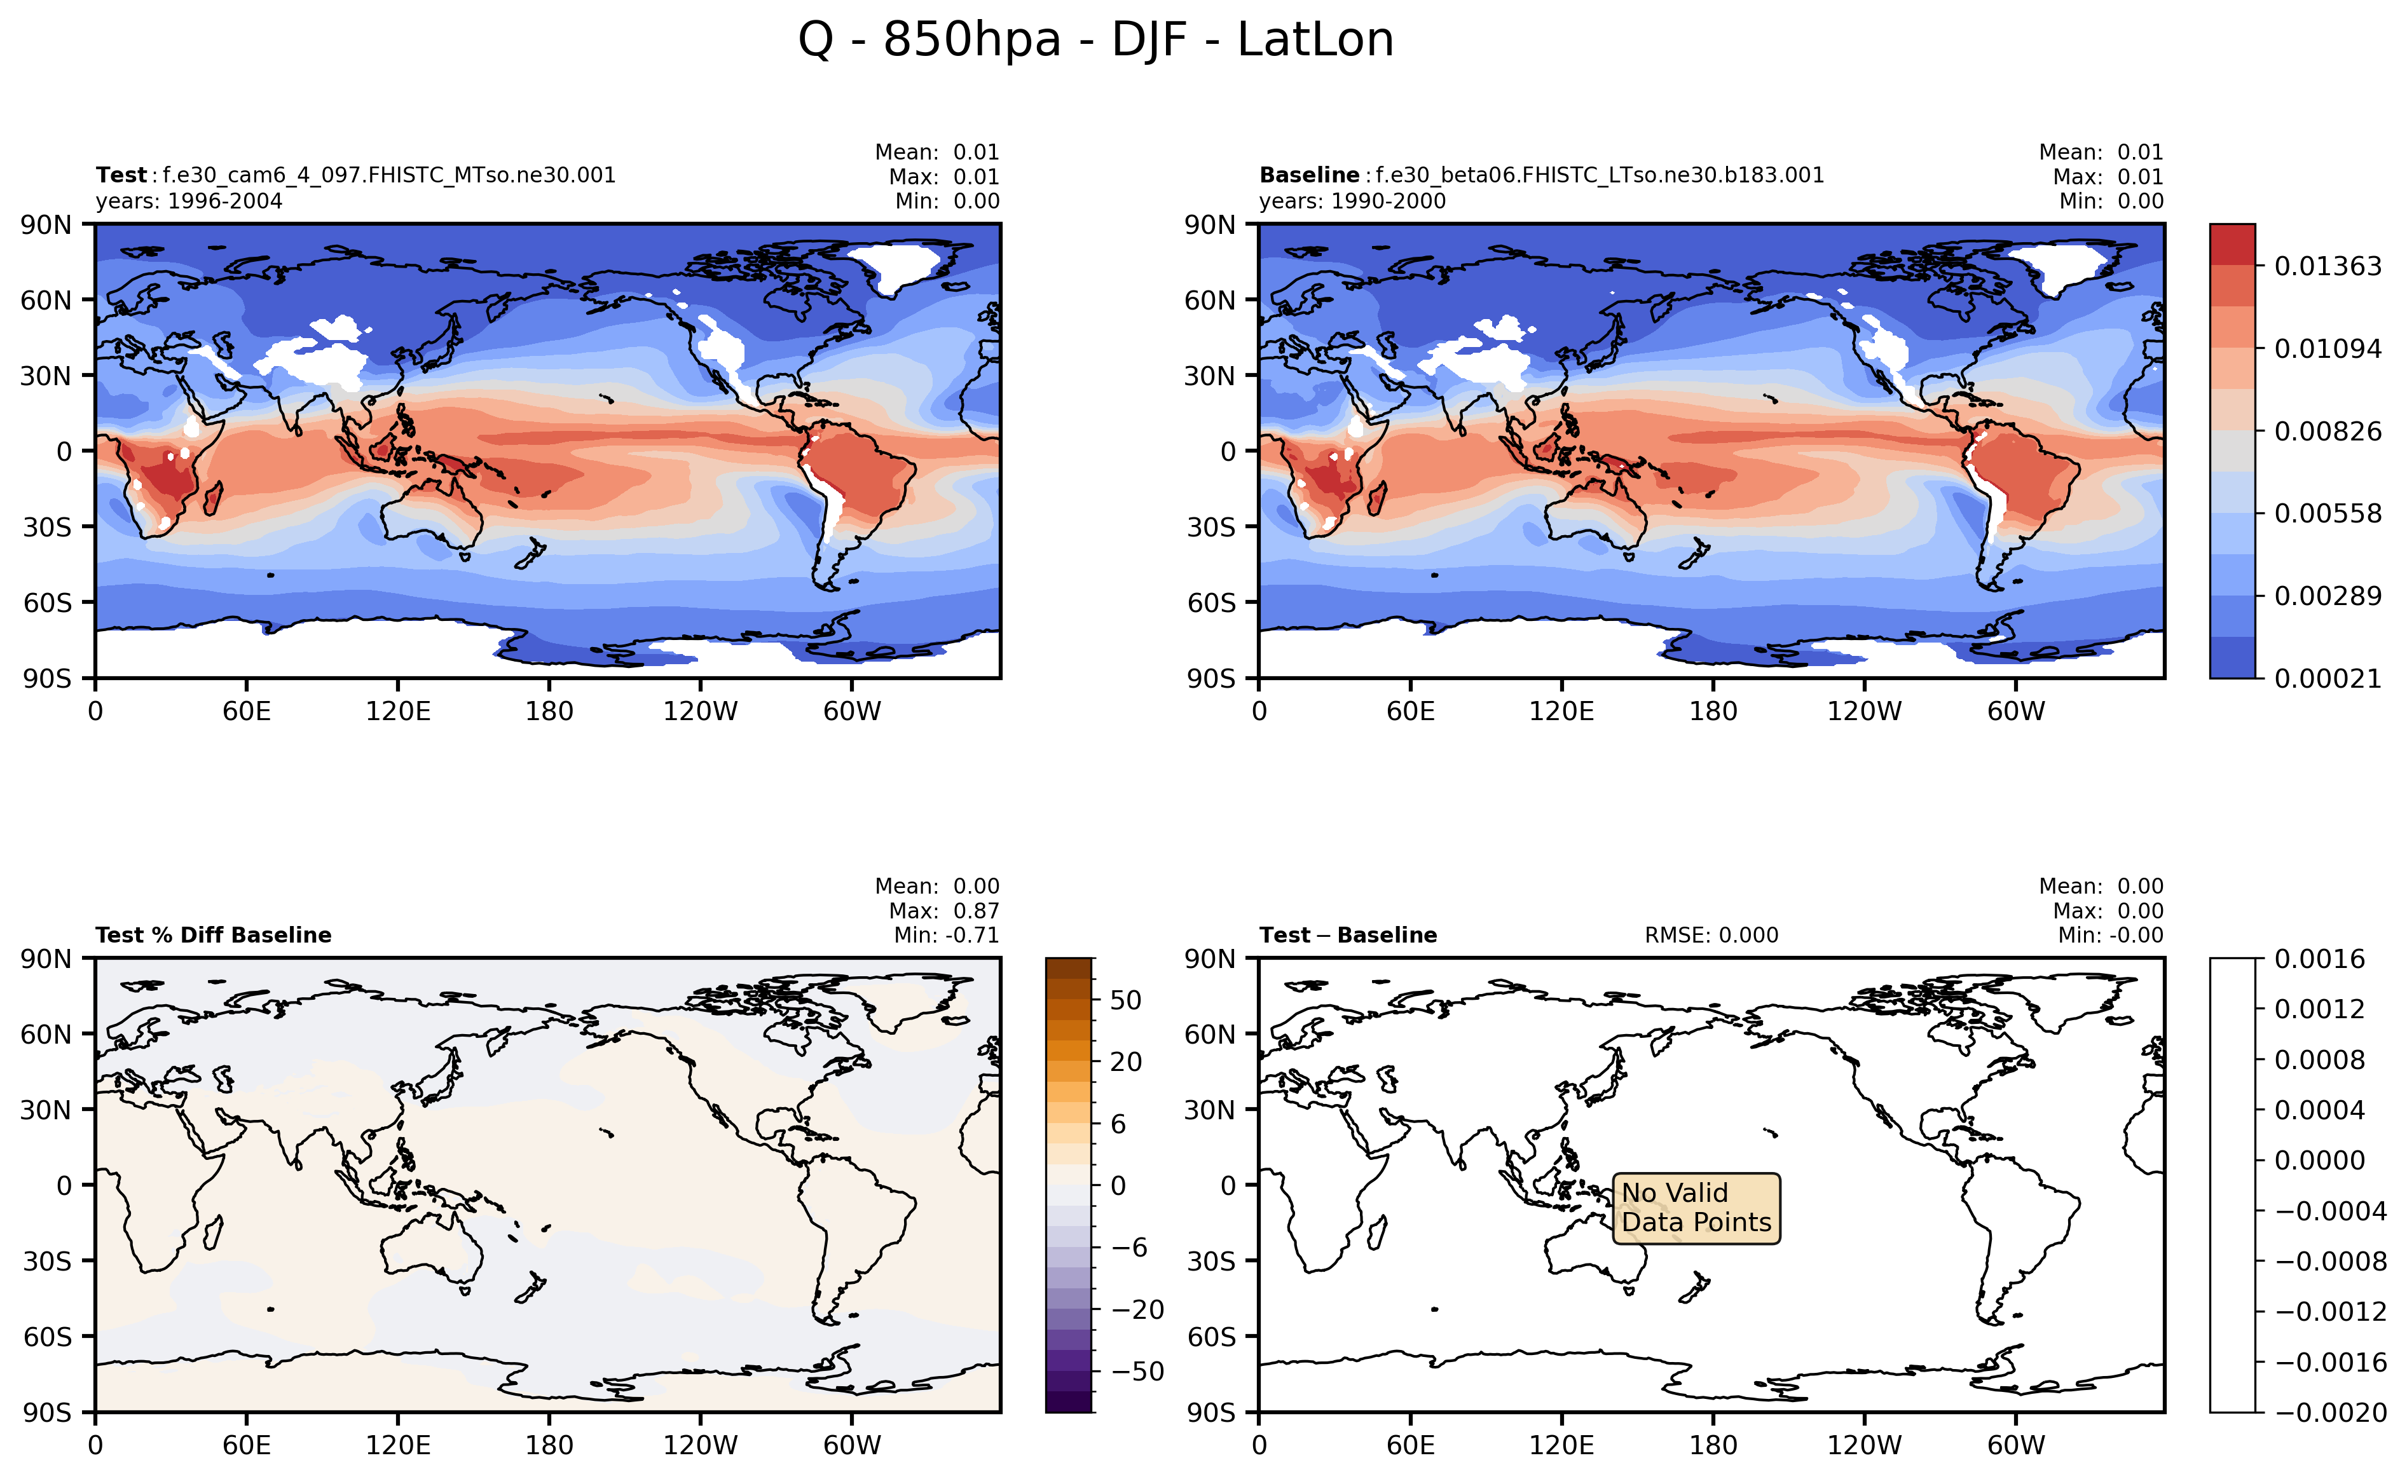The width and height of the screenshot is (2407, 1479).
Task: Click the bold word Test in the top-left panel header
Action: [x=120, y=175]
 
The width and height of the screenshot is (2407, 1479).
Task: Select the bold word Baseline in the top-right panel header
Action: [x=1308, y=175]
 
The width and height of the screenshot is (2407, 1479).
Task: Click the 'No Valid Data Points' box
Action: [x=1695, y=1208]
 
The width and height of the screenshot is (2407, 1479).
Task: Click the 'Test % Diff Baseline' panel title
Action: [x=214, y=935]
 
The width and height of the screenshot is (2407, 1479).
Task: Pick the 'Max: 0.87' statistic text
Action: [x=943, y=911]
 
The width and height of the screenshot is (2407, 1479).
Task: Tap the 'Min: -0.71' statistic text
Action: [x=946, y=935]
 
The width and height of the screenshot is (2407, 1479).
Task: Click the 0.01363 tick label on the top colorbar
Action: [x=2327, y=266]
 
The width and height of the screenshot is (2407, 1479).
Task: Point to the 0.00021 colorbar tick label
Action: [x=2327, y=679]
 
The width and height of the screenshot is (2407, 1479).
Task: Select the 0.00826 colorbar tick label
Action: [x=2327, y=432]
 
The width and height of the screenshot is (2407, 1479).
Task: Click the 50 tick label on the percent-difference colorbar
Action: [x=1125, y=1000]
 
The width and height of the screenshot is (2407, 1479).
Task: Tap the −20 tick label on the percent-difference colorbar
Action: [x=1137, y=1310]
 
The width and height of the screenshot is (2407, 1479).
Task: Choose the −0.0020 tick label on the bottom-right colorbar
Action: [x=2329, y=1412]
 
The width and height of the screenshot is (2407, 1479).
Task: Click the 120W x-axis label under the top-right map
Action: [x=1864, y=711]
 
